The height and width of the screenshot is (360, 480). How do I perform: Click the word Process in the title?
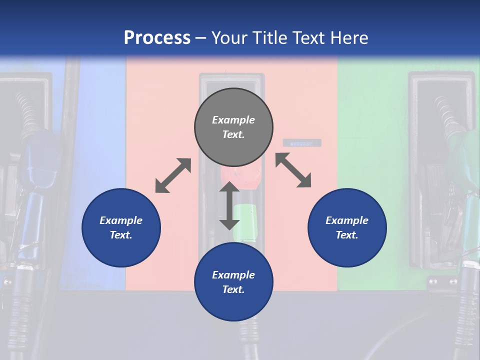[157, 38]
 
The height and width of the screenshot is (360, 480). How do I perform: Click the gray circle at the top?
[233, 127]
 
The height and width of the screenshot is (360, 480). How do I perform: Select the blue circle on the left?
[121, 228]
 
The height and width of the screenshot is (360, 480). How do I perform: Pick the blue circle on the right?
[347, 228]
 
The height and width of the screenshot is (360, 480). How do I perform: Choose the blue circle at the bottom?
[233, 282]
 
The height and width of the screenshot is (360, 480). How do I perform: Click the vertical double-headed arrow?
[229, 205]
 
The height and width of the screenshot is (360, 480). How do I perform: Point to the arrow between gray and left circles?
[173, 175]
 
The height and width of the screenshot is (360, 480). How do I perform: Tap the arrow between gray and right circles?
[293, 170]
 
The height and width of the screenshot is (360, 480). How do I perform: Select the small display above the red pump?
[302, 143]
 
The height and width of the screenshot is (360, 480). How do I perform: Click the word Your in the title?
[229, 38]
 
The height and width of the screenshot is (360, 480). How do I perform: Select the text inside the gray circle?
[233, 127]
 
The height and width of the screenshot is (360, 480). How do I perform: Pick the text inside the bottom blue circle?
[233, 282]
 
